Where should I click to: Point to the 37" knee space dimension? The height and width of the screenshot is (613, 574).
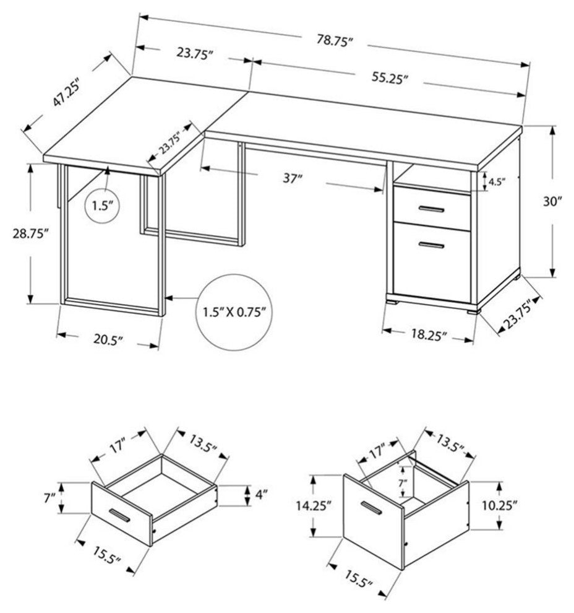point(291,180)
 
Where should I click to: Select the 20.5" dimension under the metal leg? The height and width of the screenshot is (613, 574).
point(108,339)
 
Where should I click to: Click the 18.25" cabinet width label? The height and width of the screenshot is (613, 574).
point(427,335)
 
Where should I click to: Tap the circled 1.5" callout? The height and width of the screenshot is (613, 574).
point(101,206)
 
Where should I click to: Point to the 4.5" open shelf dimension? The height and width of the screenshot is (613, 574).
point(497,182)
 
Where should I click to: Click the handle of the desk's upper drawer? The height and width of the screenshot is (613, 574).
point(430,210)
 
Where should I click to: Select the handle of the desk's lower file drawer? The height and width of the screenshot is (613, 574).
point(430,246)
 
